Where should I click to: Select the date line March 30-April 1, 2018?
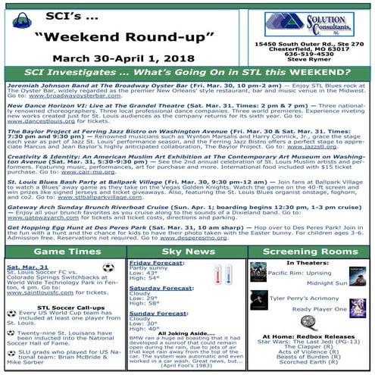[x=123, y=56]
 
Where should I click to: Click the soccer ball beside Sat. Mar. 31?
[x=108, y=267]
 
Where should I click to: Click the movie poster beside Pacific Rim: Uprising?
[x=258, y=271]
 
